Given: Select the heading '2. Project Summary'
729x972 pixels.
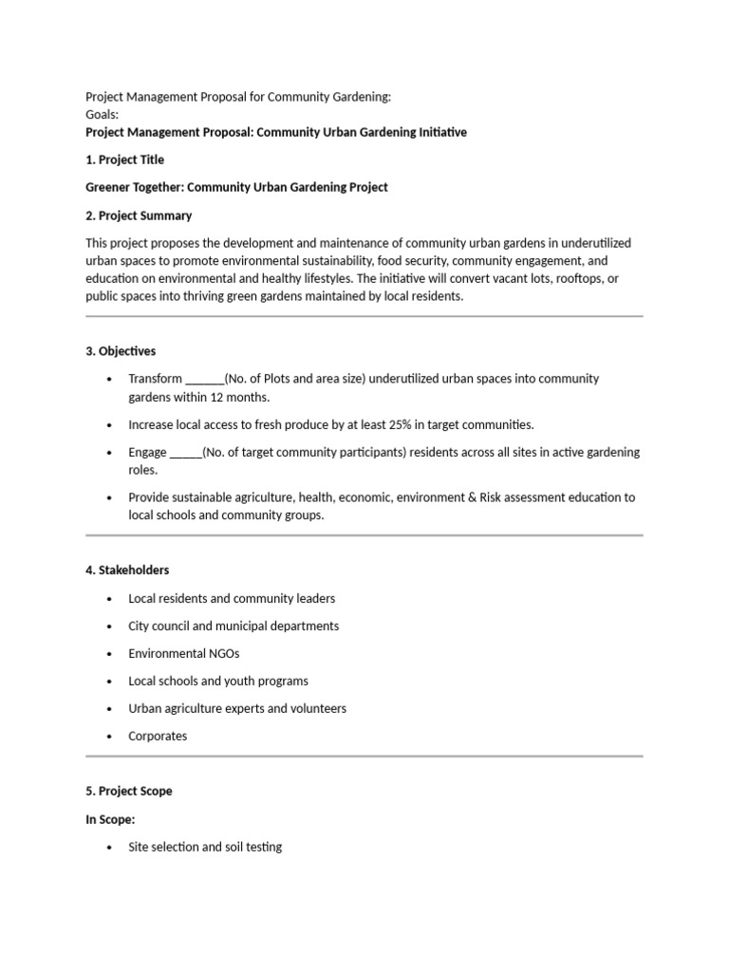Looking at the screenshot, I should coord(139,215).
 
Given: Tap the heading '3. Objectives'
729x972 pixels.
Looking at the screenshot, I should coord(121,351).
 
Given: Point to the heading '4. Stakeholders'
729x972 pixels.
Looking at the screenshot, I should coord(127,570).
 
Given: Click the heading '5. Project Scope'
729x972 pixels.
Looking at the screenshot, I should coord(129,791).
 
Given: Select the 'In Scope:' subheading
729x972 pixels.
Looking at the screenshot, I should coord(110,819).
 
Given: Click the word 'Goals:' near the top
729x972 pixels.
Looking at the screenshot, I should coord(103,114).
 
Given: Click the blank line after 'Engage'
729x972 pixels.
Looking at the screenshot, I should coord(185,453).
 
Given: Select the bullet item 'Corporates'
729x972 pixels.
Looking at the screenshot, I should coord(158,736).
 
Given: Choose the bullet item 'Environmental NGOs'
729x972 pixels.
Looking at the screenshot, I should coord(184,654).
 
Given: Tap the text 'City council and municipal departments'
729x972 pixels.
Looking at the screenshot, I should coord(234,626).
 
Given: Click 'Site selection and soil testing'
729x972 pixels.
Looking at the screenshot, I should coord(205,847).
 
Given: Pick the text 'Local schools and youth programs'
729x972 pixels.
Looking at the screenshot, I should coord(218,682).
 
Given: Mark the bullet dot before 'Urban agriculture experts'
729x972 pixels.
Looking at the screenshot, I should coord(110,709).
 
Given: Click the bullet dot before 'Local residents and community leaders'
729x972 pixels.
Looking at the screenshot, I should coord(110,599).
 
